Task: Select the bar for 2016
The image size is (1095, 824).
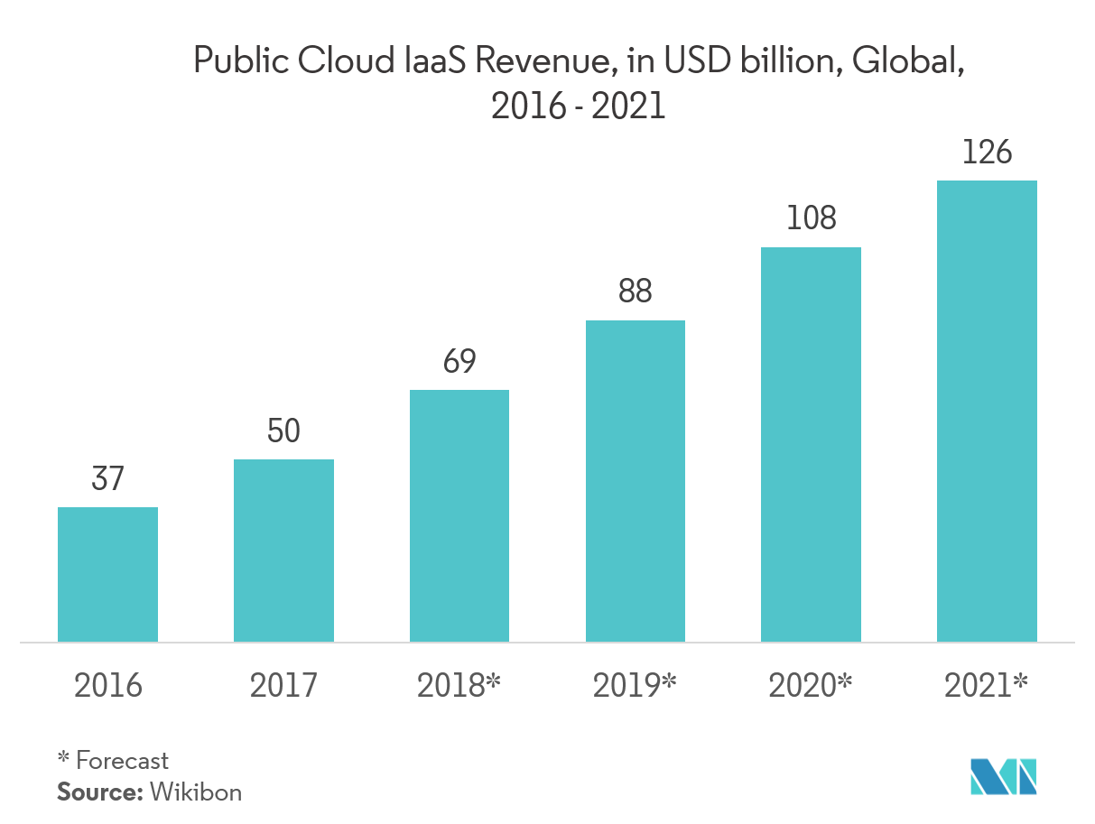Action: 107,574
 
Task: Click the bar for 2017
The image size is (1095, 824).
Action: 283,551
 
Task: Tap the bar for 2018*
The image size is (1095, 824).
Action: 459,515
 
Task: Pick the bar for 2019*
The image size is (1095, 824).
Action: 636,481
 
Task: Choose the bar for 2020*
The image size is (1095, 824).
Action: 811,444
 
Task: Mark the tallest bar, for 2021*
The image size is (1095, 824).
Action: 987,411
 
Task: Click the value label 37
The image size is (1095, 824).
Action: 107,478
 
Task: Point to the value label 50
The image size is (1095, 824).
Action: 283,431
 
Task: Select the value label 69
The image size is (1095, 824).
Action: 459,361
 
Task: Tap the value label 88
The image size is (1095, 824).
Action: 636,292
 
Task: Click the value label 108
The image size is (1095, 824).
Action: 811,218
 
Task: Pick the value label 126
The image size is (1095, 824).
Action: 987,152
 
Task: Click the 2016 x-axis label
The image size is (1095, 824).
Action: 108,686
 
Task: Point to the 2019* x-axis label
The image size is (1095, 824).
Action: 635,686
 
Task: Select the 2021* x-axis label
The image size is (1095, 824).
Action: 986,686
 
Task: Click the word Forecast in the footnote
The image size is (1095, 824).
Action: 123,761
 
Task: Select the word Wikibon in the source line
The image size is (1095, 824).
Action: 196,792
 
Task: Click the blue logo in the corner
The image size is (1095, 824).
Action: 1003,777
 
